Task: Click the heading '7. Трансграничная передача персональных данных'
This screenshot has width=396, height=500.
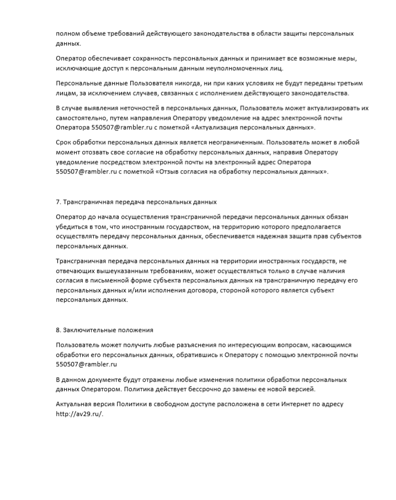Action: point(136,202)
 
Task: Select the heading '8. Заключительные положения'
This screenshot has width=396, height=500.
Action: point(104,330)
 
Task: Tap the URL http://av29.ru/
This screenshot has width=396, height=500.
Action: point(80,415)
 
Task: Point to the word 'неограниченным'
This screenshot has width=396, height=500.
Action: point(235,142)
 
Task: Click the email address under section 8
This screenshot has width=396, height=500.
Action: point(86,365)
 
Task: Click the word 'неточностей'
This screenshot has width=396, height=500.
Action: point(138,108)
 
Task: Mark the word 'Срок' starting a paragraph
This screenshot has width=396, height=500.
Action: point(64,142)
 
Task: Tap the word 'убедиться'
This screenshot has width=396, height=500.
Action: point(72,227)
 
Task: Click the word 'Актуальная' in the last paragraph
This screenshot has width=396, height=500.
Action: point(74,404)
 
